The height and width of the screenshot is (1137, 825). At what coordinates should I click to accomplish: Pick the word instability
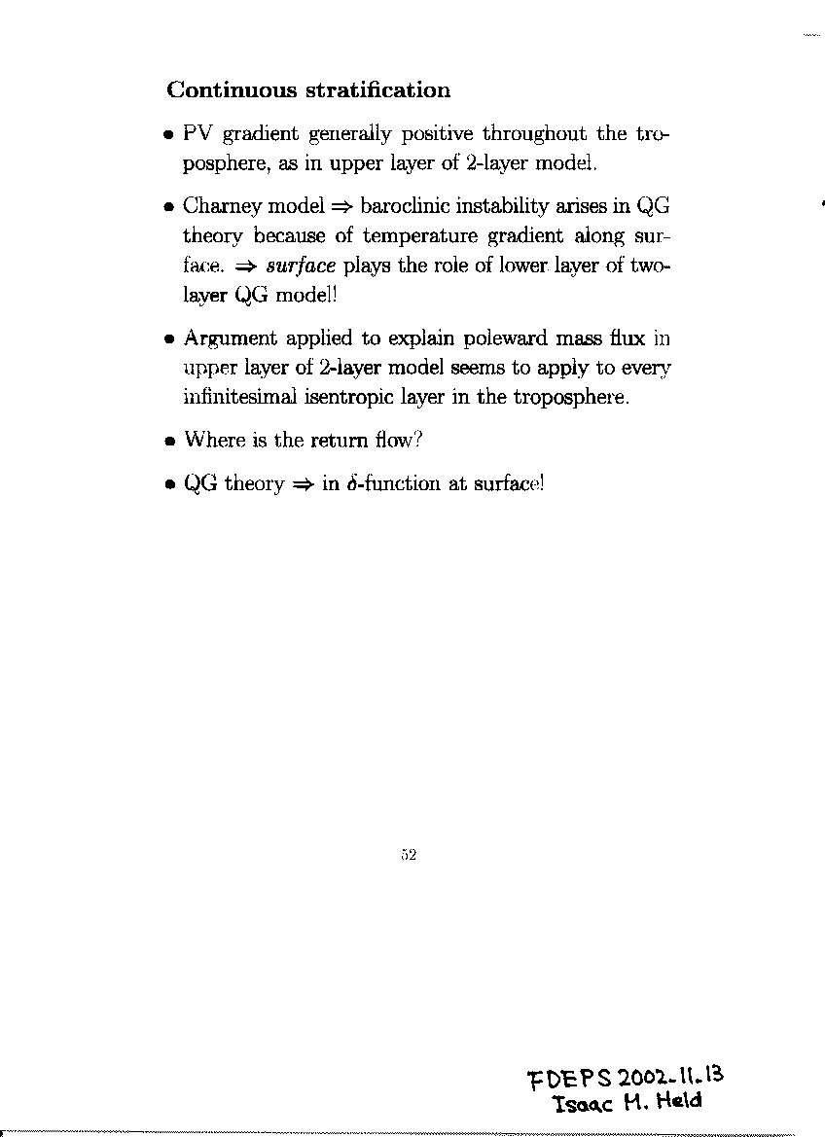(x=519, y=206)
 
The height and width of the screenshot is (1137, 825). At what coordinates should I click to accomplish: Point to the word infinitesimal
(x=239, y=397)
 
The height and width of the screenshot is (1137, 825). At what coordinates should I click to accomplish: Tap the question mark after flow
(x=417, y=440)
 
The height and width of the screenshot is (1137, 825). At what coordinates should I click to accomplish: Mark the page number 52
(x=409, y=855)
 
